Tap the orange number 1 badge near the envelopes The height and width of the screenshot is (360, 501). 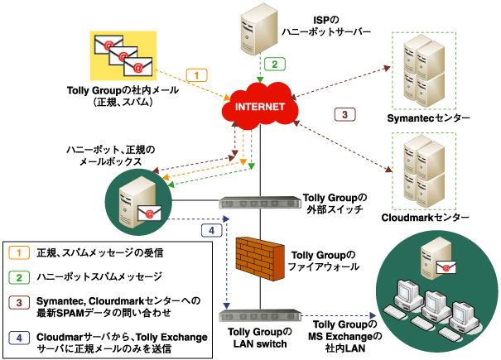pyautogui.click(x=195, y=75)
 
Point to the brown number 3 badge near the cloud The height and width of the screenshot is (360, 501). pyautogui.click(x=344, y=113)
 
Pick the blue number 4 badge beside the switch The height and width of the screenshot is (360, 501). pyautogui.click(x=211, y=229)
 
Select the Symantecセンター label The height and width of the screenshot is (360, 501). pyautogui.click(x=428, y=119)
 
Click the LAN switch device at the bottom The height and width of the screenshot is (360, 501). pyautogui.click(x=258, y=314)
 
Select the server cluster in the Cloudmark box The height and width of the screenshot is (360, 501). pyautogui.click(x=425, y=169)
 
